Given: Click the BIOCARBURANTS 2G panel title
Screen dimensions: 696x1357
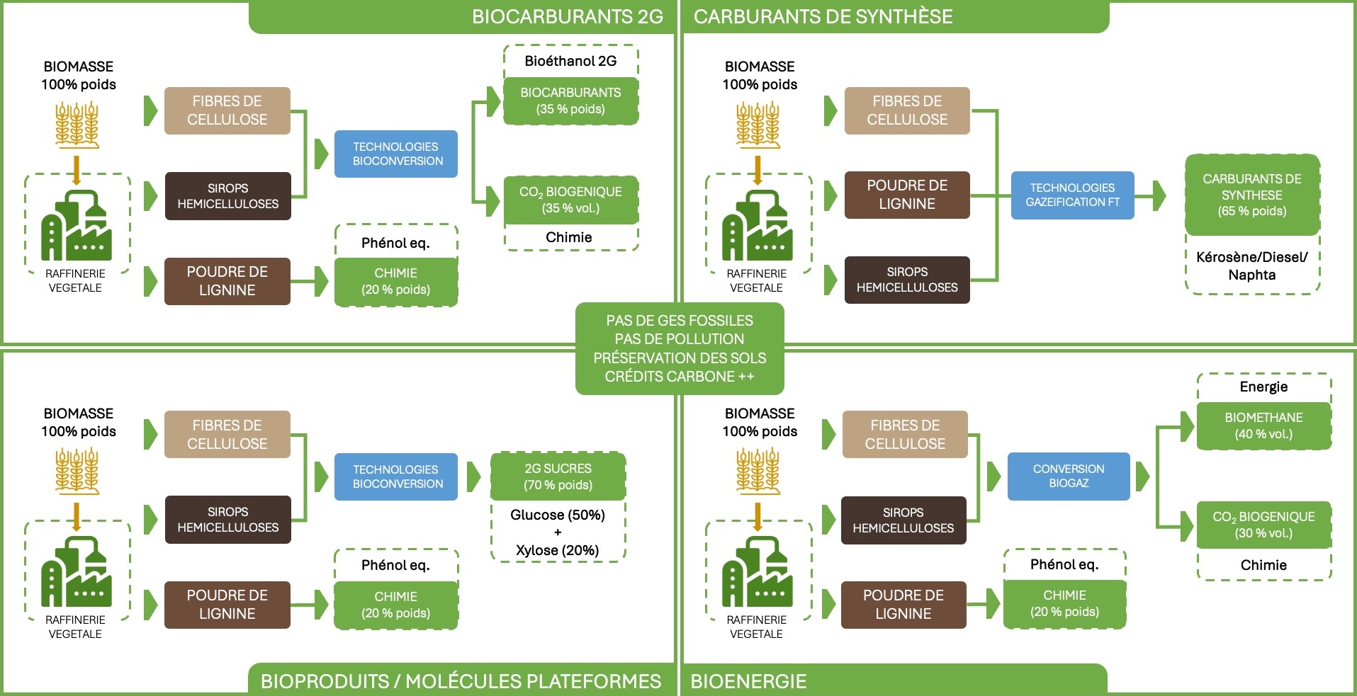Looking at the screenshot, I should click(567, 17).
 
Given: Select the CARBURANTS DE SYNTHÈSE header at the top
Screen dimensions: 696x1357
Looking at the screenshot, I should click(823, 17).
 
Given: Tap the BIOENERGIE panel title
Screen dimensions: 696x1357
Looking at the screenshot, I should click(748, 681).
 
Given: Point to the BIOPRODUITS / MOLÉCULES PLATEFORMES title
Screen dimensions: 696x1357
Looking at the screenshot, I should click(461, 681).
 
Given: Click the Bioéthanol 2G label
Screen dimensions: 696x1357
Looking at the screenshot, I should click(570, 61).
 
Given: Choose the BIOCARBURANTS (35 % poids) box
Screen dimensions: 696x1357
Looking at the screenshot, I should click(570, 101).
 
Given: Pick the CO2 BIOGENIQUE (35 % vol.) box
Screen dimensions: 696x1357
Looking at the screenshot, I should click(570, 200).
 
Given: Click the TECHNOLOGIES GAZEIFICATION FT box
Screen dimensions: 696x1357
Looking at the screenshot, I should click(1072, 195).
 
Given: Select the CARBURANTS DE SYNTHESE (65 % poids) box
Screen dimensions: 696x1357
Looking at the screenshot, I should click(1251, 195).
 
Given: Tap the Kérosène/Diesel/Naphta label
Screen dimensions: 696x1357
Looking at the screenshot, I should click(1251, 266).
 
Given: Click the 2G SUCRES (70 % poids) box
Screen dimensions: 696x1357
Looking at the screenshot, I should click(558, 477).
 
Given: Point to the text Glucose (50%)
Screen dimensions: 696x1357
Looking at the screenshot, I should click(558, 515).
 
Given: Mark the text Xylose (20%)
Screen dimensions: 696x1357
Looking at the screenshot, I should click(558, 550).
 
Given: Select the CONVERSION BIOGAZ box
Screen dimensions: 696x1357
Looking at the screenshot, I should click(1068, 476).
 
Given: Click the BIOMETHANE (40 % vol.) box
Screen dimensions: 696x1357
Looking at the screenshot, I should click(1263, 426).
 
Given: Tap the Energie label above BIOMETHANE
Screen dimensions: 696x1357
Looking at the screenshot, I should click(1263, 387).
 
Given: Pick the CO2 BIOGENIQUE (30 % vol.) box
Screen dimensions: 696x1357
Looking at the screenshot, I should click(1263, 525).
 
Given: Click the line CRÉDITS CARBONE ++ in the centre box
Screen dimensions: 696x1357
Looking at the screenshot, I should click(679, 377).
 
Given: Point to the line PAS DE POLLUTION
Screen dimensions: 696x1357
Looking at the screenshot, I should click(679, 339).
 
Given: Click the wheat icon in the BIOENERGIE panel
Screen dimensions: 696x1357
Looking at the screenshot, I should click(758, 471).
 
